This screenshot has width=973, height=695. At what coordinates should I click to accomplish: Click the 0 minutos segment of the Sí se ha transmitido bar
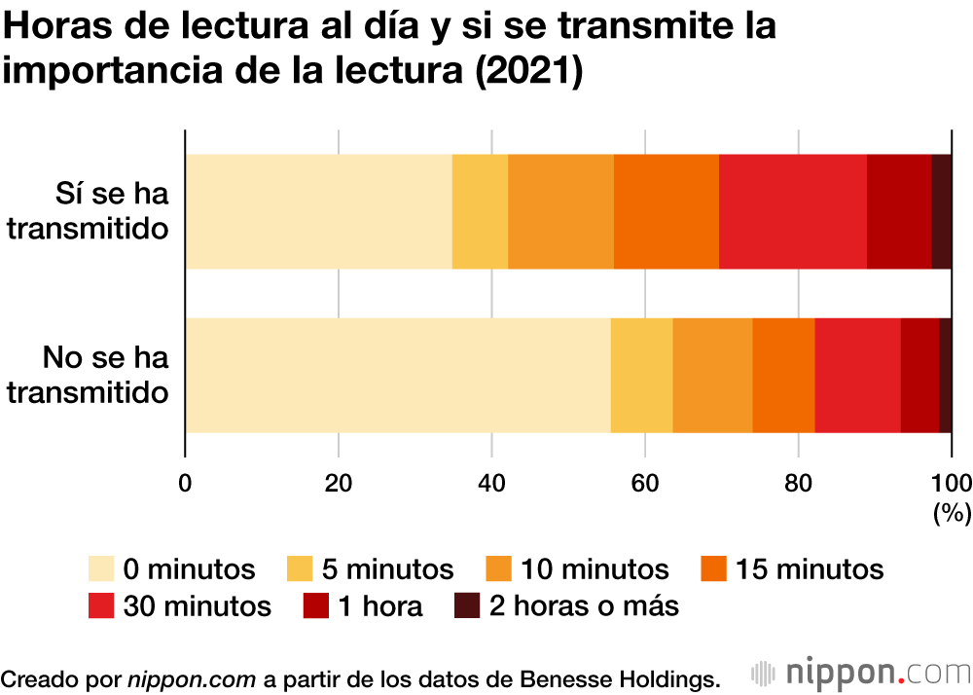(318, 211)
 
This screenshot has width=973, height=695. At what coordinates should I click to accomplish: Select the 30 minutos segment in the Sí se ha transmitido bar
(792, 211)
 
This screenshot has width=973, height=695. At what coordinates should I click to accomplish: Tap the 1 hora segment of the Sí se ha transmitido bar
(898, 211)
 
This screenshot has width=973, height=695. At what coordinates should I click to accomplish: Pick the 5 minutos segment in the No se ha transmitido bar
(641, 375)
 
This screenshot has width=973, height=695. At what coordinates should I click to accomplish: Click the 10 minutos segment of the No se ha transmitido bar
(712, 375)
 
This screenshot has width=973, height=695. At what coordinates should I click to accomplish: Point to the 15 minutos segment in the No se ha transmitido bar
(783, 375)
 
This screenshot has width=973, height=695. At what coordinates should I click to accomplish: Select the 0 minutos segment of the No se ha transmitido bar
(397, 375)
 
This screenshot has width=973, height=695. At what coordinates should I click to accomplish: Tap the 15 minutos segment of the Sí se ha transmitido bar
(666, 211)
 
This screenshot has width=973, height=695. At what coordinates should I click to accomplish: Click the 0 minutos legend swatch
(102, 568)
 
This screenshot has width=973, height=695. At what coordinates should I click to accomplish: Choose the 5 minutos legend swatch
(302, 568)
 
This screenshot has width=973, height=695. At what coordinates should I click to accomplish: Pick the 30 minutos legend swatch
(102, 605)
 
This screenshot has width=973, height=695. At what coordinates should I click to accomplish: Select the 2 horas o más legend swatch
(468, 605)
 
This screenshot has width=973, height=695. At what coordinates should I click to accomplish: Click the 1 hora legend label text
(380, 605)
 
